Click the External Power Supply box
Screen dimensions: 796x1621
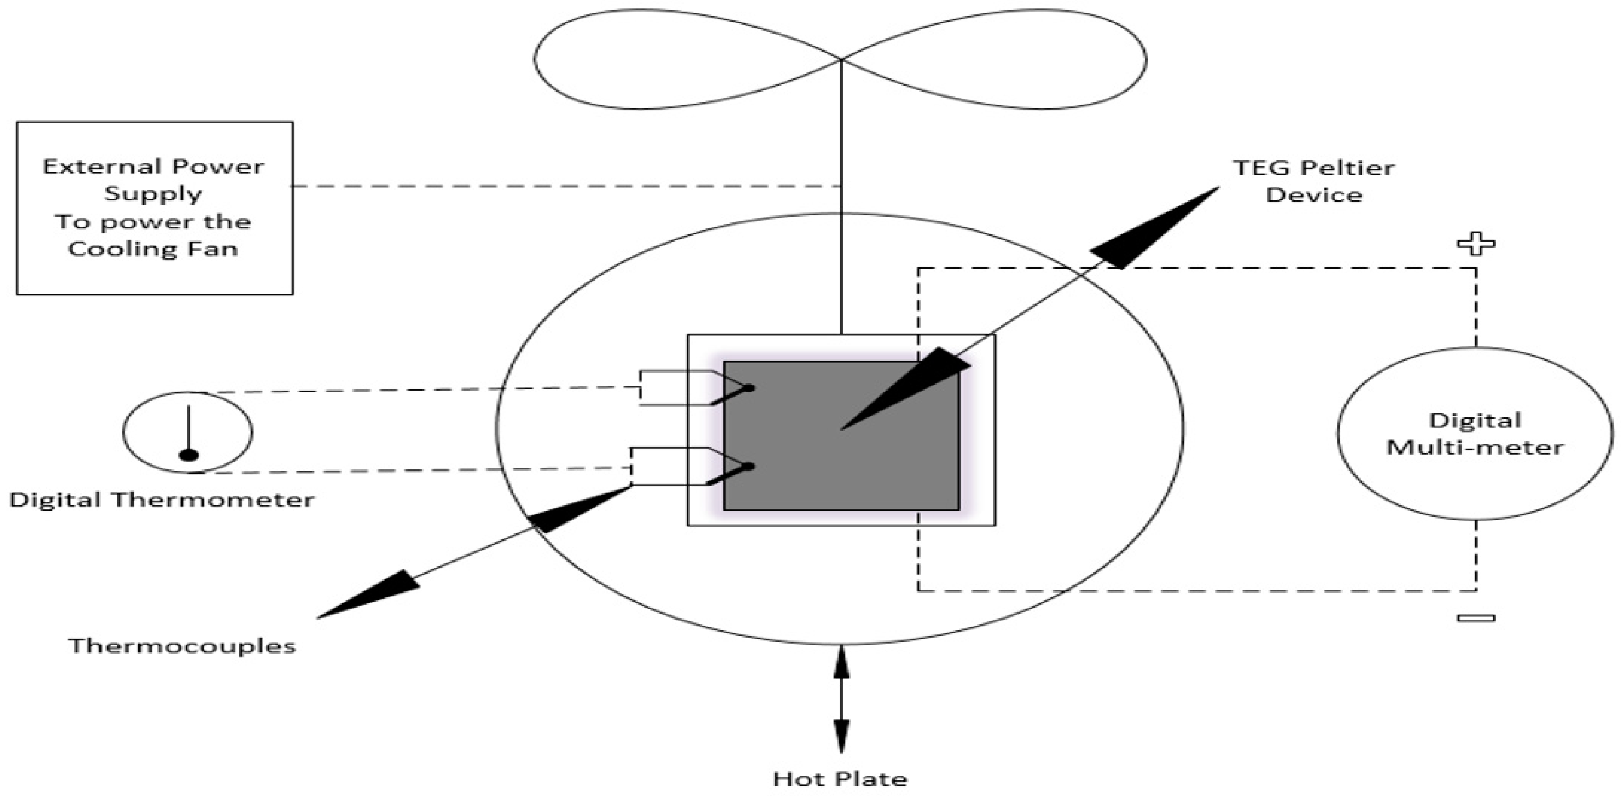point(154,208)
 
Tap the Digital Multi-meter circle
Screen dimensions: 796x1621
point(1475,434)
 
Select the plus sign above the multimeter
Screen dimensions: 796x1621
point(1476,244)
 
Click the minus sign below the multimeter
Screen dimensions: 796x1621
point(1476,618)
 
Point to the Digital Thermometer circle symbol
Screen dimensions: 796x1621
point(187,432)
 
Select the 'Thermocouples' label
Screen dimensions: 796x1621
point(182,646)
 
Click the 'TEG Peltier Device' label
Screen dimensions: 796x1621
point(1314,181)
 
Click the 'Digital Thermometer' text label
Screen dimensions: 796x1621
point(162,500)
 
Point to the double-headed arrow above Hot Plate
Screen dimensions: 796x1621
point(841,698)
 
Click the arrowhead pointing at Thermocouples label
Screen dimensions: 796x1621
point(371,595)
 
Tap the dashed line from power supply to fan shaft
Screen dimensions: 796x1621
point(566,186)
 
